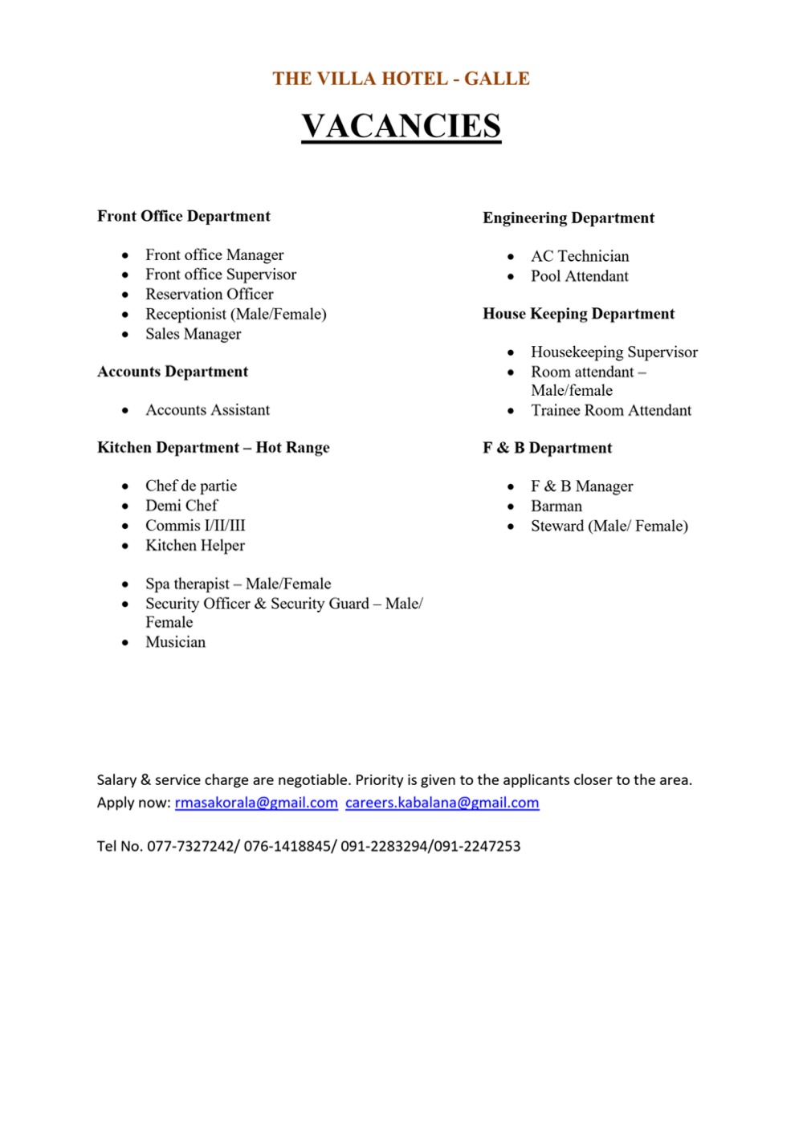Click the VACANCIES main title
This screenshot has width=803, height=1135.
[x=401, y=126]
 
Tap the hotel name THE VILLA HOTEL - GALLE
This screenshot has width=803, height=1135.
[x=401, y=79]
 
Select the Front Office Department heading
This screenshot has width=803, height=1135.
[x=184, y=216]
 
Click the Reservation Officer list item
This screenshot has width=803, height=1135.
[x=209, y=294]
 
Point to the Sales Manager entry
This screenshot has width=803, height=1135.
[x=193, y=334]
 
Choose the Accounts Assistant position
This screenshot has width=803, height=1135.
[x=207, y=410]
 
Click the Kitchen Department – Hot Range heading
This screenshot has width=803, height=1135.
[x=213, y=448]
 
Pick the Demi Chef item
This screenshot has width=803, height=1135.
[x=181, y=506]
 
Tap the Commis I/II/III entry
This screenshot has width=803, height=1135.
[x=195, y=526]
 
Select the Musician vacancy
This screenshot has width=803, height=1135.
[x=175, y=642]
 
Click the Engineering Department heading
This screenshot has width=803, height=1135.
[x=569, y=218]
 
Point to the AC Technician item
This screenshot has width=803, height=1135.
[x=580, y=256]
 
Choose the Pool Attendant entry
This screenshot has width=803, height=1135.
[x=579, y=276]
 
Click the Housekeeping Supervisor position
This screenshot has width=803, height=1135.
[x=614, y=352]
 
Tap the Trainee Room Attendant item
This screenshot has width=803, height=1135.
[x=610, y=410]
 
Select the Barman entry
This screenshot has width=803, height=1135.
[x=556, y=506]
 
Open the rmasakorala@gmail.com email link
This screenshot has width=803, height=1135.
[x=256, y=803]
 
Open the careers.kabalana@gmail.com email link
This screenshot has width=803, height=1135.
[x=442, y=803]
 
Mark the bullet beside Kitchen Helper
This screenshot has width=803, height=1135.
[x=125, y=546]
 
